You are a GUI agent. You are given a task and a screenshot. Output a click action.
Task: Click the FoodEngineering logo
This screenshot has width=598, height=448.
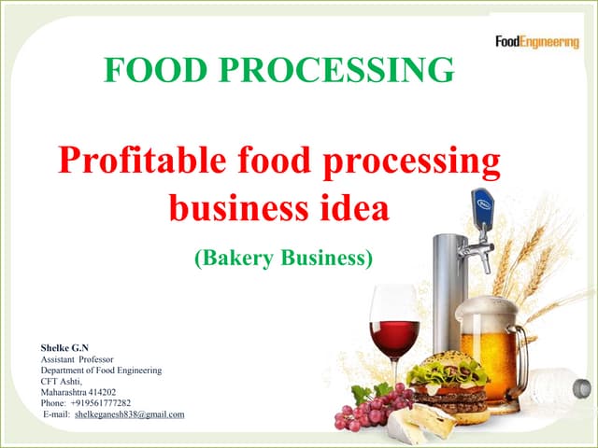click(x=536, y=41)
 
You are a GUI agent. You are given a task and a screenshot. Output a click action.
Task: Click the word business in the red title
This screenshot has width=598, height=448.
click(x=240, y=207)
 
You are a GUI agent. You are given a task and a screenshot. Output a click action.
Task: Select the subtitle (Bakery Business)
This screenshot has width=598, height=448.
click(x=283, y=259)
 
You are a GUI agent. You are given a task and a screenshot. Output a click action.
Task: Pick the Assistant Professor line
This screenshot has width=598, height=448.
click(x=78, y=359)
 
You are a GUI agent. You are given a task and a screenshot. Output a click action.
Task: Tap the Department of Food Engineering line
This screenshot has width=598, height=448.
click(x=101, y=371)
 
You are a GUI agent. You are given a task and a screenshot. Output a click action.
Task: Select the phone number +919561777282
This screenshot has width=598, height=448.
click(x=101, y=403)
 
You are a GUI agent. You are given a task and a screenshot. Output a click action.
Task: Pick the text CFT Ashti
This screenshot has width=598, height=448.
click(x=61, y=381)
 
